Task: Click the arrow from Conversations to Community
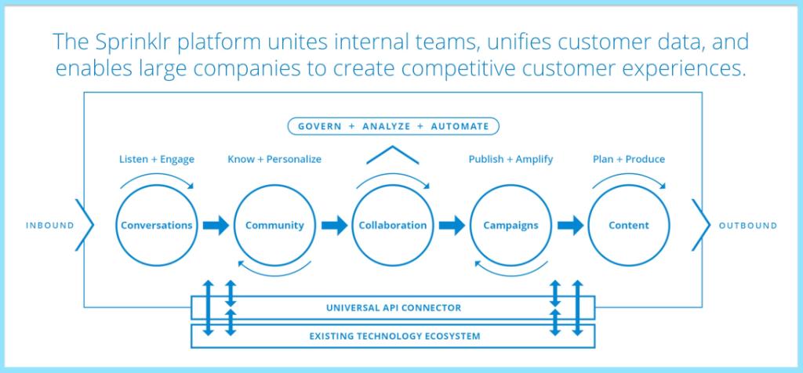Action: (216, 225)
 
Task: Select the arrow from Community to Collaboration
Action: (334, 225)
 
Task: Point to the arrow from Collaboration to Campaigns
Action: (452, 225)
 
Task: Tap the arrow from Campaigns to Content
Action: (571, 225)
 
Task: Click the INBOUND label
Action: (49, 226)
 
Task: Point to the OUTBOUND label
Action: (747, 226)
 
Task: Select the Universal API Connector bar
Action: (393, 307)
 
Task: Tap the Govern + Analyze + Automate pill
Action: (394, 126)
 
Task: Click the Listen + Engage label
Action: (157, 160)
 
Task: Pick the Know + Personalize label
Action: (274, 159)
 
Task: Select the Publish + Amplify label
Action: (511, 159)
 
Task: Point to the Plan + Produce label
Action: (629, 159)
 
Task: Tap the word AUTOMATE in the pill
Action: (460, 126)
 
